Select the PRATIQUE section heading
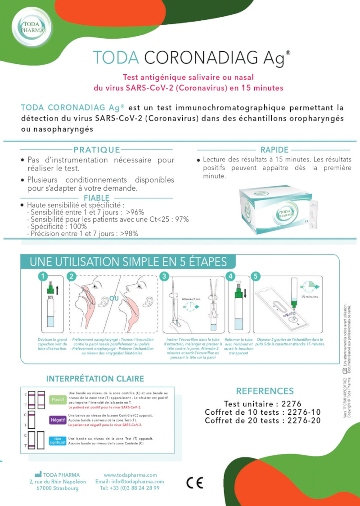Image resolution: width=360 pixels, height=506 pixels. point(96,150)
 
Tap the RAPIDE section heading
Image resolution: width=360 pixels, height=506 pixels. point(274,150)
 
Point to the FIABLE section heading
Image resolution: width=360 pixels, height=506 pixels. point(96,198)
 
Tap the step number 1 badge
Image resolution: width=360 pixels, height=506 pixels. point(42,276)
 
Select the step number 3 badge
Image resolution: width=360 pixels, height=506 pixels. point(164,276)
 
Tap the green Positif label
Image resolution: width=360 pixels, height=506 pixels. point(58,399)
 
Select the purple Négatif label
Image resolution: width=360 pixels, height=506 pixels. point(58,420)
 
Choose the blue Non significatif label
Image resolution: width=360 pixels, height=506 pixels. point(58,441)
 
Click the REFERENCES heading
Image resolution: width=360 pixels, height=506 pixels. point(265,391)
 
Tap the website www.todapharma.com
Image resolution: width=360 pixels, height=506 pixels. point(130,475)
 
